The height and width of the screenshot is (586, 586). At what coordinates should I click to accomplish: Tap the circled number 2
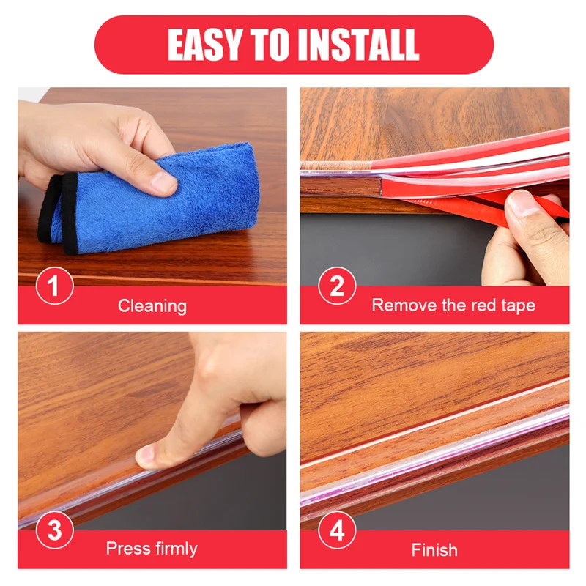[336, 286]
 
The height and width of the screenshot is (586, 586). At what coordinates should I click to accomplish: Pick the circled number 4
[336, 531]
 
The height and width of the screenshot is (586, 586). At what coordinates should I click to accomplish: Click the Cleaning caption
[152, 305]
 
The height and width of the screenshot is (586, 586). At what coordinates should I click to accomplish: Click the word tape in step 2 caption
[515, 305]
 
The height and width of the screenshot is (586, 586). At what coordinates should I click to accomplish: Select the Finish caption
[434, 549]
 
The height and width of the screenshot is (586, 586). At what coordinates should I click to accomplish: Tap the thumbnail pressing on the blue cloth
[163, 180]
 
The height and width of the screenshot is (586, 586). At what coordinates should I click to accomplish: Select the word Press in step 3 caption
[126, 548]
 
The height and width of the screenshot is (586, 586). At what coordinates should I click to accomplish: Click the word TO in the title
[279, 45]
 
